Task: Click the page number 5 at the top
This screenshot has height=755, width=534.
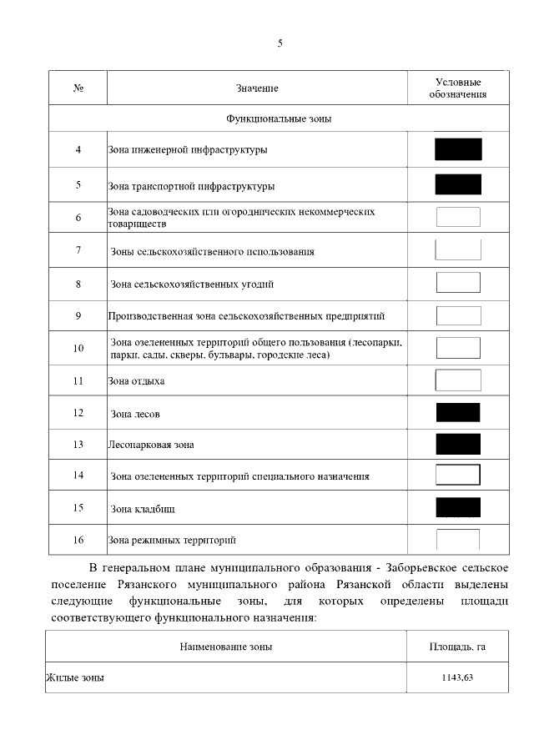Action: pyautogui.click(x=280, y=44)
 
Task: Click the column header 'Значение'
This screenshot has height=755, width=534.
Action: pyautogui.click(x=256, y=88)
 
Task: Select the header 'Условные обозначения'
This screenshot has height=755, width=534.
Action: pyautogui.click(x=458, y=88)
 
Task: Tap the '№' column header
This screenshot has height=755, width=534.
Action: pyautogui.click(x=78, y=88)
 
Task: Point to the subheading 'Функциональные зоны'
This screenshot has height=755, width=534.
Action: pyautogui.click(x=279, y=118)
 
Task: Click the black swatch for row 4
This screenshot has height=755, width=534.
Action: pyautogui.click(x=458, y=149)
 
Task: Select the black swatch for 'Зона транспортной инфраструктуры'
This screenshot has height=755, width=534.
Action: pyautogui.click(x=458, y=184)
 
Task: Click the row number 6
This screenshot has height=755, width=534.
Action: pyautogui.click(x=78, y=218)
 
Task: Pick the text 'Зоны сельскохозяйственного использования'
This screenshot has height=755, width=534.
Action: pyautogui.click(x=212, y=251)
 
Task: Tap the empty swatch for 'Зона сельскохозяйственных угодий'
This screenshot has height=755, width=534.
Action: pyautogui.click(x=458, y=283)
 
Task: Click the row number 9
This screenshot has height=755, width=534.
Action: pyautogui.click(x=78, y=315)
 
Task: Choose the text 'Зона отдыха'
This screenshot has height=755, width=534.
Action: pyautogui.click(x=136, y=381)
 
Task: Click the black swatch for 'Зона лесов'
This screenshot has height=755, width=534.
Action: pyautogui.click(x=458, y=412)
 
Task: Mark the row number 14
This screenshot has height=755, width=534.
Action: pyautogui.click(x=78, y=476)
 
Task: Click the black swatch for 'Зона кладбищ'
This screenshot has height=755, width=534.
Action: pyautogui.click(x=458, y=507)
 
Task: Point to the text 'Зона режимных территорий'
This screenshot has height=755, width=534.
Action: pyautogui.click(x=172, y=540)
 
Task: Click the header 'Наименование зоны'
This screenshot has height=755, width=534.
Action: pyautogui.click(x=225, y=647)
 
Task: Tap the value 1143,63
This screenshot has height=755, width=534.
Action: pyautogui.click(x=457, y=678)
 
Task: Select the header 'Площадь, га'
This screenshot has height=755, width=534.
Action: pyautogui.click(x=457, y=647)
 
